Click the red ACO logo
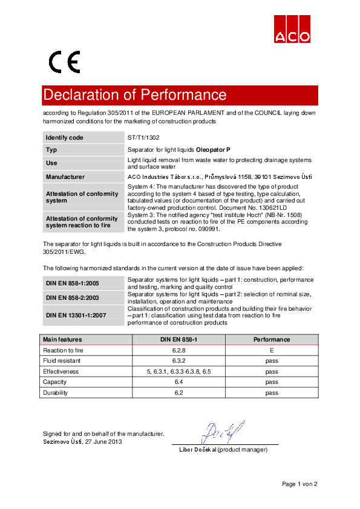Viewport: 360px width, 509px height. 292,28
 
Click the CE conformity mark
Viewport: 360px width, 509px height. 64,62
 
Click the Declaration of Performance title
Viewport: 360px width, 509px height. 134,95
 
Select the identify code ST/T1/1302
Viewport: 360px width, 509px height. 143,138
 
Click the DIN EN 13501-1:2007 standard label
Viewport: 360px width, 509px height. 75,315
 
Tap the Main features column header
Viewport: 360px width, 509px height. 62,340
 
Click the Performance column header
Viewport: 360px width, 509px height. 272,340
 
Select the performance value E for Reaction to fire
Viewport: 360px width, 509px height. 272,350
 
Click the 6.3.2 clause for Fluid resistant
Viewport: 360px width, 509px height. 178,361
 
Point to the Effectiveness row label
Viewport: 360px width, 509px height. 61,372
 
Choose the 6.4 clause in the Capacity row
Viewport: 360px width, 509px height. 178,382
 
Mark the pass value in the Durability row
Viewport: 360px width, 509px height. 272,393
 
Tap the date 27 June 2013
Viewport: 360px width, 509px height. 102,442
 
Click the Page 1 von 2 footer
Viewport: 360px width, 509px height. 299,484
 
